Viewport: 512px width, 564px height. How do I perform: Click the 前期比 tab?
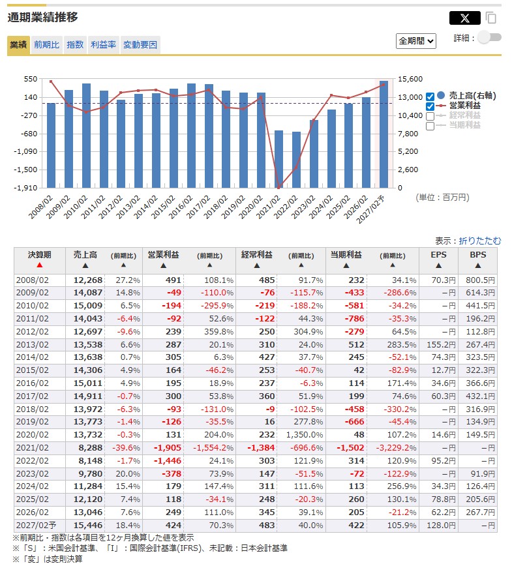click(46, 45)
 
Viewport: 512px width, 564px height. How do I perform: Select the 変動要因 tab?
click(140, 45)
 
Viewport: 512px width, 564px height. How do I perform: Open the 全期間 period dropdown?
click(415, 40)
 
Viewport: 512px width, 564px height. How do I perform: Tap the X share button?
click(464, 18)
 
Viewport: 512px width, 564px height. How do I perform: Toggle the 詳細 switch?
click(489, 37)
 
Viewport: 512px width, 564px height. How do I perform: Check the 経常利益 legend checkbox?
click(430, 116)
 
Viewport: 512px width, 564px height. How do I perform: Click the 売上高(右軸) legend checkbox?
click(430, 96)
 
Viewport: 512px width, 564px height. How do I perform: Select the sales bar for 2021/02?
click(279, 159)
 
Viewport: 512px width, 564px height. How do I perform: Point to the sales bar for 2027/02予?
click(384, 134)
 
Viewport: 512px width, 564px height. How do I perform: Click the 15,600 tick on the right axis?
click(415, 79)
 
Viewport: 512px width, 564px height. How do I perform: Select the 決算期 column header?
click(39, 255)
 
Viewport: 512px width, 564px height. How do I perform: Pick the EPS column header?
click(438, 255)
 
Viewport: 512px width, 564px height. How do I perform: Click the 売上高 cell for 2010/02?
click(88, 305)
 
